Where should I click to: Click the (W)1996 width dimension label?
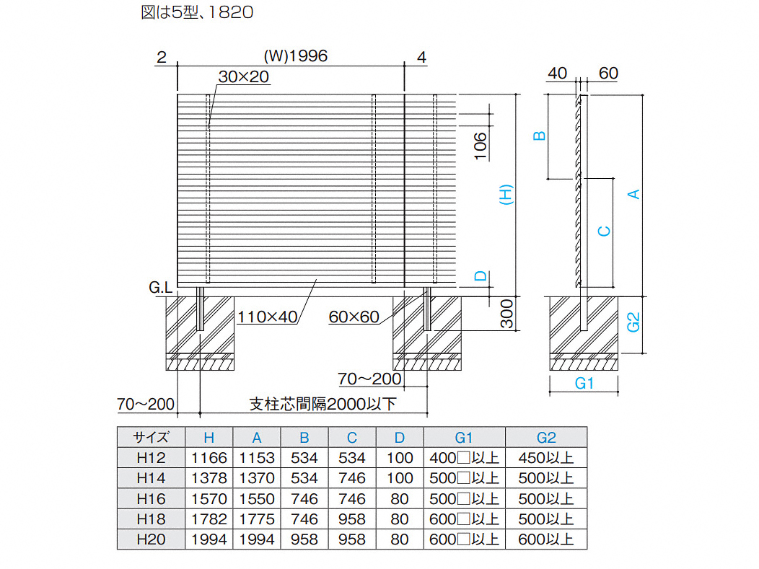point(296,56)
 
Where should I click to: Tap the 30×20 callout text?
point(243,76)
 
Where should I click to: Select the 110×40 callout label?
point(267,317)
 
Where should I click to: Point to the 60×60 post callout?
point(354,317)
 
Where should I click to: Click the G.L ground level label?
point(161,288)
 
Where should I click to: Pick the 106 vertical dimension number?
point(480,146)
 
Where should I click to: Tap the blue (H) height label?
point(506,195)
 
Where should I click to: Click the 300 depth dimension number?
point(506,314)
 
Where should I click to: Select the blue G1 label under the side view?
point(584,383)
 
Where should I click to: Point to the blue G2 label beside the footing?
point(633,322)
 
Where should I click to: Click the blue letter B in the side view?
point(539,136)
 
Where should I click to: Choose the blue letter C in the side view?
point(604,231)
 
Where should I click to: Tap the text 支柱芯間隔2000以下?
point(323,404)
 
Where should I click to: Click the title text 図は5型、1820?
point(197,12)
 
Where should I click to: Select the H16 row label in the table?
point(151,499)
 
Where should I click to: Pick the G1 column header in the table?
point(464,438)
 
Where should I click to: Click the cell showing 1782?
point(209,519)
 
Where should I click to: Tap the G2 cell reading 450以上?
point(546,458)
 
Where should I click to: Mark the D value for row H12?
point(400,458)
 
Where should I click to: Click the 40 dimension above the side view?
point(558,73)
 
